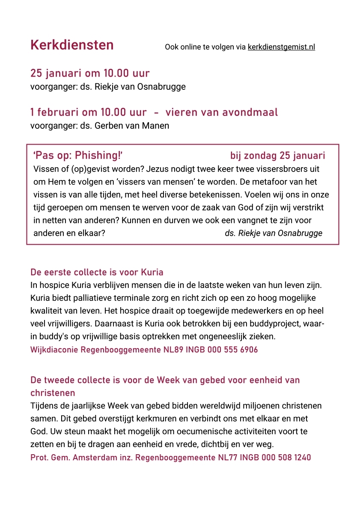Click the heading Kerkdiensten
[72, 45]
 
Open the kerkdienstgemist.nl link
[281, 47]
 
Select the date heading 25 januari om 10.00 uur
[90, 73]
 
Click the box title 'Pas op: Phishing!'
[78, 155]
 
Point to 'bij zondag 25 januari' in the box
[277, 156]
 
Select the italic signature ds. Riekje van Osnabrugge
[274, 233]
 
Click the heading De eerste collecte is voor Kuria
[97, 272]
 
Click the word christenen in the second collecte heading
[53, 393]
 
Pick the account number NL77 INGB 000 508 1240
[263, 458]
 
